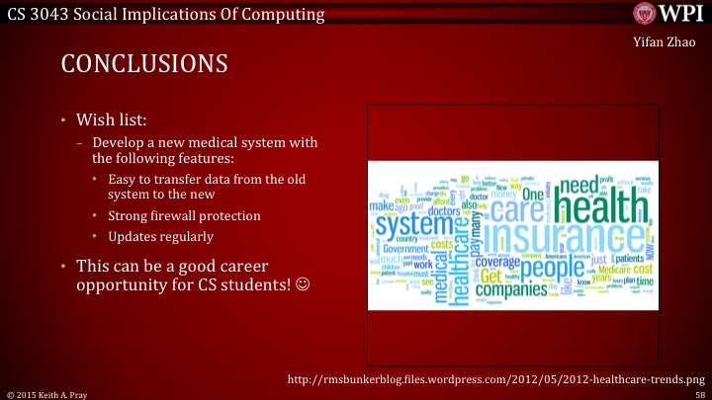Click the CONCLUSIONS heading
tap(144, 64)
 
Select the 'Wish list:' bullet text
tap(112, 120)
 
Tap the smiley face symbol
tap(303, 286)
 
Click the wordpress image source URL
tap(494, 378)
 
